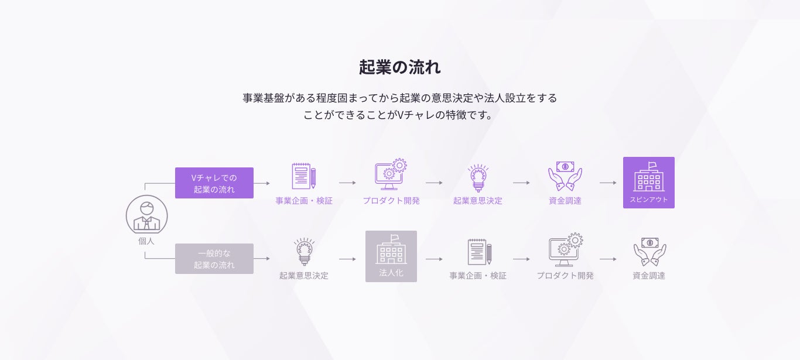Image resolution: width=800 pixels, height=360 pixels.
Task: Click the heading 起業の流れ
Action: tap(399, 67)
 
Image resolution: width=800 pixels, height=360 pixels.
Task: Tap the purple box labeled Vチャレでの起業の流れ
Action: tap(214, 183)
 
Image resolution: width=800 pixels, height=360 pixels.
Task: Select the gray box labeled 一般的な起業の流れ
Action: tap(214, 259)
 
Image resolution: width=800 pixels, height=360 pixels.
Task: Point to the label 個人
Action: tap(146, 240)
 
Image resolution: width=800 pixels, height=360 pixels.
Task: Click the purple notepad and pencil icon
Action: tap(304, 176)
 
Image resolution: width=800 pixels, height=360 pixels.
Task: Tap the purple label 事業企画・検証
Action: tap(304, 201)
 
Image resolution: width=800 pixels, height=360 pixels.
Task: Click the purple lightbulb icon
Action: tap(478, 177)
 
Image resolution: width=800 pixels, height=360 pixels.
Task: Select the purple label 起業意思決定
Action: tap(478, 201)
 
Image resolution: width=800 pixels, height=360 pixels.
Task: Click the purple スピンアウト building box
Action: tap(649, 183)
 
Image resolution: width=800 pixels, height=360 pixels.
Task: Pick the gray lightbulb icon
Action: tap(304, 252)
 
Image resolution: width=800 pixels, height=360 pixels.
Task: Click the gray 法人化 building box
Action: tap(391, 256)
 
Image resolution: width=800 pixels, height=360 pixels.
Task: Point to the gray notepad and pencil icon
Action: tap(478, 252)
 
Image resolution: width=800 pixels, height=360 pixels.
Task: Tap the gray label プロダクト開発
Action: tap(565, 276)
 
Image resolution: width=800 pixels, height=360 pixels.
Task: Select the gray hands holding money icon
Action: tap(649, 252)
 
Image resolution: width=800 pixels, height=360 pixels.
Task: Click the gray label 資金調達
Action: tap(649, 276)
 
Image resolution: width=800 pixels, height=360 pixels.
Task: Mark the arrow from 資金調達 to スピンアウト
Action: tap(608, 183)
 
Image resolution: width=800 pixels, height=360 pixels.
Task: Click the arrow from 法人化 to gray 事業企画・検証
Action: tap(434, 259)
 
